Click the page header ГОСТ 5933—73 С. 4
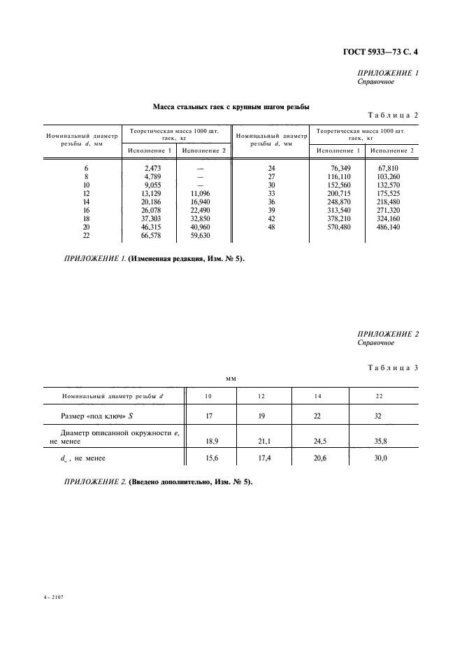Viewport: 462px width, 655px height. (382, 51)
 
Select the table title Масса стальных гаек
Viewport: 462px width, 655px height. (231, 107)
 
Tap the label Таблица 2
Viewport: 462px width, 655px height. (392, 115)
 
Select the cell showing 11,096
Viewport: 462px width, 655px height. (199, 193)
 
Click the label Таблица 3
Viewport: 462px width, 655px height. (392, 368)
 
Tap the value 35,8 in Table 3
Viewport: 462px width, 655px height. (379, 442)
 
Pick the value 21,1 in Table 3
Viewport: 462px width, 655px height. (261, 442)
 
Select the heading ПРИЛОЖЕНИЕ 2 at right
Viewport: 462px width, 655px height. (388, 334)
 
